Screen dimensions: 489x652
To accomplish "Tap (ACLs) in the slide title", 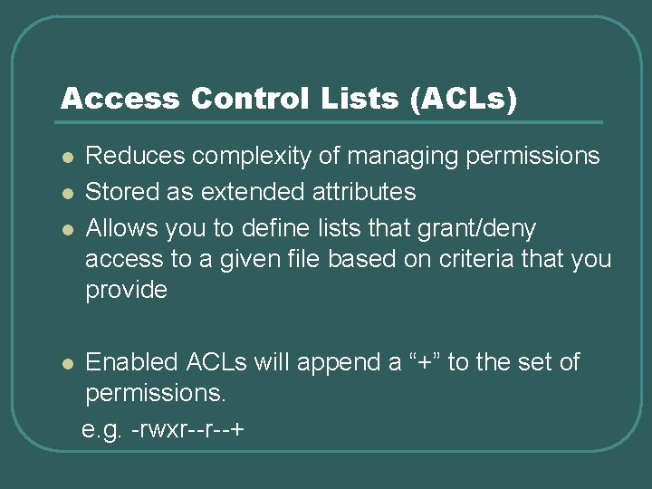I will [463, 99].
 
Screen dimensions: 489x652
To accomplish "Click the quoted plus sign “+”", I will [426, 362].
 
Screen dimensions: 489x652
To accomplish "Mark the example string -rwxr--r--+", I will [187, 427].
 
